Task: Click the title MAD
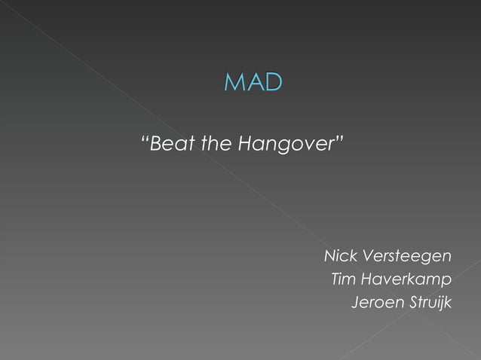pyautogui.click(x=253, y=83)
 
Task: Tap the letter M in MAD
pyautogui.click(x=235, y=83)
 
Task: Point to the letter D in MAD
pyautogui.click(x=273, y=83)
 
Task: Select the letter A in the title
pyautogui.click(x=255, y=83)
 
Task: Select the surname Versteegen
pyautogui.click(x=408, y=258)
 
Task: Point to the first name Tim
pyautogui.click(x=344, y=280)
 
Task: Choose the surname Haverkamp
pyautogui.click(x=407, y=281)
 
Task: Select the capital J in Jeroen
pyautogui.click(x=355, y=304)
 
